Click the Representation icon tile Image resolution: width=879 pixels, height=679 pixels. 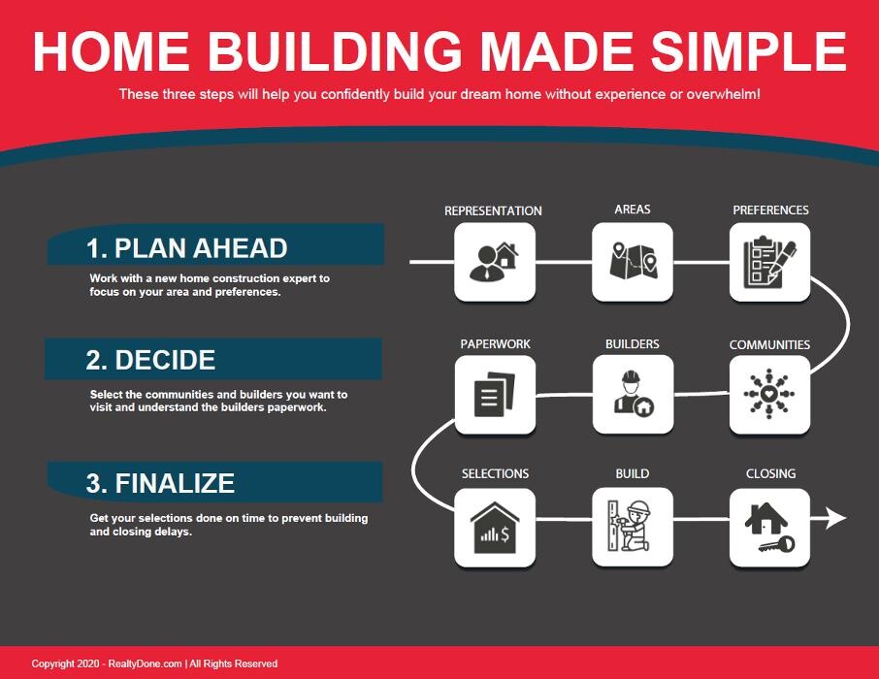point(495,262)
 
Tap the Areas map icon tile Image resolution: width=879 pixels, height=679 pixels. point(633,262)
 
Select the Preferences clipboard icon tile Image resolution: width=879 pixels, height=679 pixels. point(769,262)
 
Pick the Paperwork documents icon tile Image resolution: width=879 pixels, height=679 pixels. point(495,394)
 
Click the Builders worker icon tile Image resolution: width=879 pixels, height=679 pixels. point(633,394)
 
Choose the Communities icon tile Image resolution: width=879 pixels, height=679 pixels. point(769,394)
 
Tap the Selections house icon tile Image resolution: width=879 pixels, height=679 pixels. point(495,527)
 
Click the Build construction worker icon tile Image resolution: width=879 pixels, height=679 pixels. point(633,527)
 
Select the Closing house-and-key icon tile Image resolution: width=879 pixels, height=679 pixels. point(769,527)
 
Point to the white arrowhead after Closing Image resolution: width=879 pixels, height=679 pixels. point(836,518)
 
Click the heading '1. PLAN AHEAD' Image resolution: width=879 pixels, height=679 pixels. point(186,248)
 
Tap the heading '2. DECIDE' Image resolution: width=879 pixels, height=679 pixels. point(150,360)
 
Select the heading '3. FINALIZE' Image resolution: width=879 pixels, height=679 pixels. point(160,483)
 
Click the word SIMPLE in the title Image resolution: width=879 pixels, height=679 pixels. point(748,51)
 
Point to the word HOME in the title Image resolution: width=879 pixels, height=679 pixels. point(111,51)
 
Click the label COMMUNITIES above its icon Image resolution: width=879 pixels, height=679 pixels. point(769,344)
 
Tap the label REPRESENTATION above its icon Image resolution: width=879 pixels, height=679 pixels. point(493,210)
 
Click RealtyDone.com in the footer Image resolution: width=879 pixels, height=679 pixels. point(145,663)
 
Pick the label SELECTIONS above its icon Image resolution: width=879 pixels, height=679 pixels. point(495,473)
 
